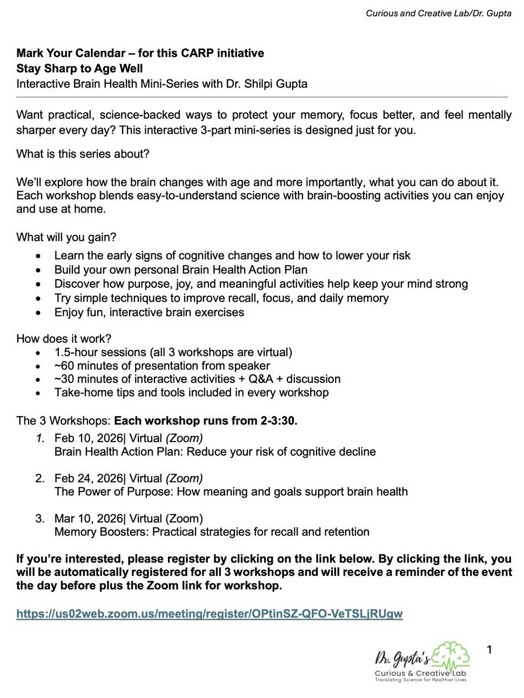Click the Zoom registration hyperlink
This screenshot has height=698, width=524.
[209, 614]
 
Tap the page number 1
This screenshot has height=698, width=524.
[489, 649]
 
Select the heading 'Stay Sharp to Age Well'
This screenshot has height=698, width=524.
[79, 69]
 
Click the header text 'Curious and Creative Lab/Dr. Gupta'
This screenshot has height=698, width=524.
[438, 13]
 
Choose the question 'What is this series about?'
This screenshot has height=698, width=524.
[83, 154]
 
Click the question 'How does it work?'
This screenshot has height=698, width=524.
[64, 338]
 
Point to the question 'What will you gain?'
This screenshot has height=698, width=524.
[66, 237]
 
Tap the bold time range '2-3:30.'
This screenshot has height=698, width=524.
[279, 421]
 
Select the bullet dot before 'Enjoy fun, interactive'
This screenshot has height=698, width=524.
[38, 313]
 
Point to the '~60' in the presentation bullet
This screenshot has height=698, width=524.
[64, 366]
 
